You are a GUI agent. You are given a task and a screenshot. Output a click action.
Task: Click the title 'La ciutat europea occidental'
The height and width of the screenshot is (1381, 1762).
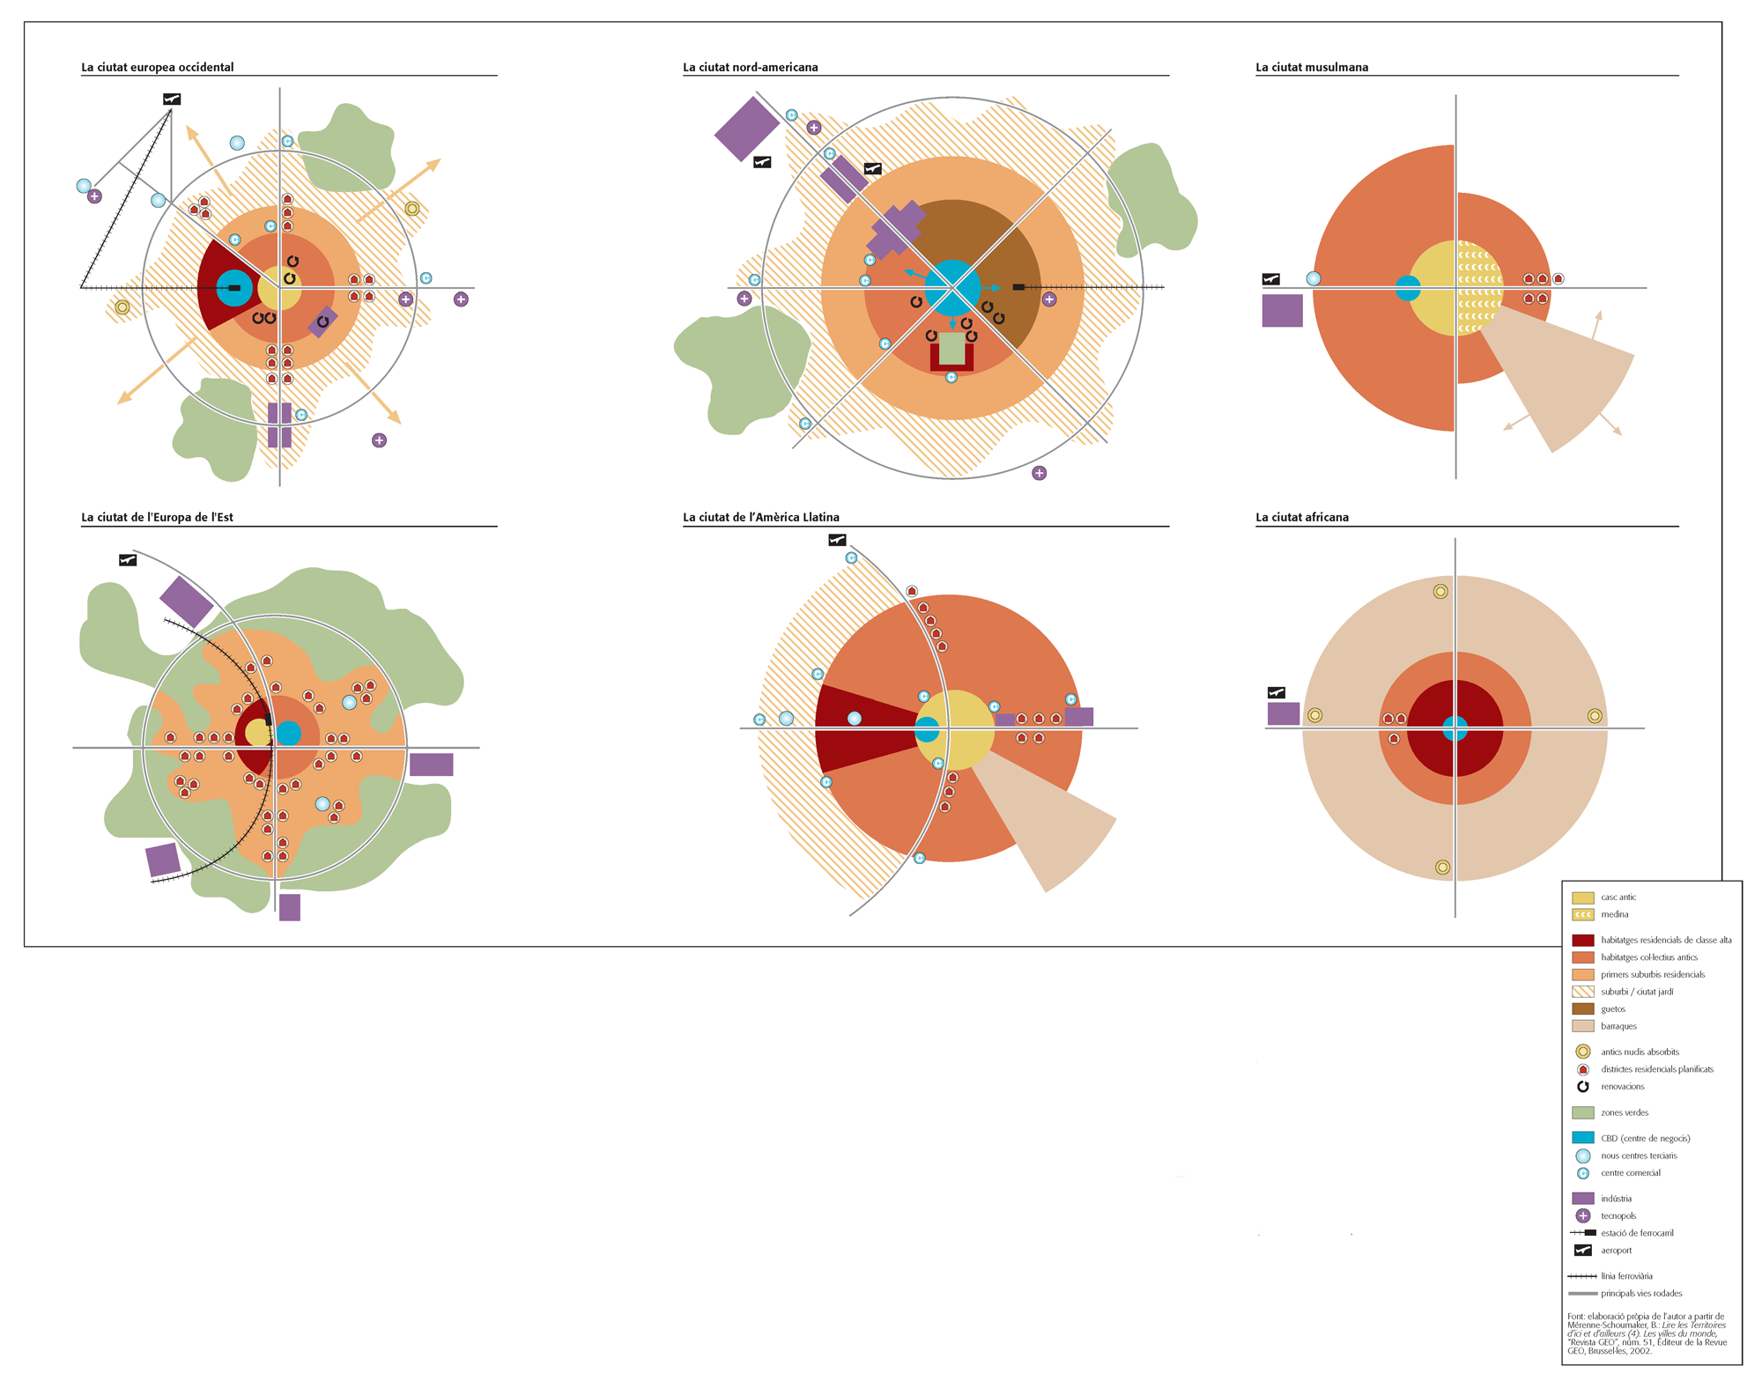click(158, 67)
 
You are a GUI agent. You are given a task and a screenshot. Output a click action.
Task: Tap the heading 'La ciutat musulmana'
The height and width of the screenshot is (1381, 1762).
click(1312, 67)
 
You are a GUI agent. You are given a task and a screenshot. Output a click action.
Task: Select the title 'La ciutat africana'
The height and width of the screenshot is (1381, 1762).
click(1302, 517)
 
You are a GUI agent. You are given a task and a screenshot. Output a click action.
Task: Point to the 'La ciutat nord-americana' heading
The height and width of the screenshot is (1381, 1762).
click(751, 67)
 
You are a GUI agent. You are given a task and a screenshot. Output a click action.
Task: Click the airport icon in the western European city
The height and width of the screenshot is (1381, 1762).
click(172, 100)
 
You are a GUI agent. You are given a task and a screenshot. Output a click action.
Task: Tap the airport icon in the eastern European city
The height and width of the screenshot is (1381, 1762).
click(128, 560)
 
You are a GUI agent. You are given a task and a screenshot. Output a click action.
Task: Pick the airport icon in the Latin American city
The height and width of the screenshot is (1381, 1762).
click(837, 540)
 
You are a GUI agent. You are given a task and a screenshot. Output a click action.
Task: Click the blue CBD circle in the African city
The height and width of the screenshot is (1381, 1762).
click(1455, 728)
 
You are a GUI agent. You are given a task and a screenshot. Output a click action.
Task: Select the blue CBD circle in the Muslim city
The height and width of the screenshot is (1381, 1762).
click(1408, 288)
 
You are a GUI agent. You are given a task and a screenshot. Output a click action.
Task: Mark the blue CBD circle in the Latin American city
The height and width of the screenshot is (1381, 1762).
click(927, 729)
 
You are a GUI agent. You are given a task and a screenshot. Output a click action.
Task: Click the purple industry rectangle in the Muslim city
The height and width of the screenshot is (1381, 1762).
click(1282, 311)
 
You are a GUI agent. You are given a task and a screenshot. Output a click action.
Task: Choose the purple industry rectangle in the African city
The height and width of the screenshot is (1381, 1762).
click(1283, 713)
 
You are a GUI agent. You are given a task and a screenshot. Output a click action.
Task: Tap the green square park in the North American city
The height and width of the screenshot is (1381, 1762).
click(951, 349)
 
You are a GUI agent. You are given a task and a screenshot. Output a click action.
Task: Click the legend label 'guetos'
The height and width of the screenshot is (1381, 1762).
click(1613, 1009)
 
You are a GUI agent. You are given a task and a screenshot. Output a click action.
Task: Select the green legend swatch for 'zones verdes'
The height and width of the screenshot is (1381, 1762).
click(1583, 1112)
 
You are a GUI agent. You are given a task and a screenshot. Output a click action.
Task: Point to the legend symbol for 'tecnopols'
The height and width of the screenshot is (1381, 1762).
click(1583, 1215)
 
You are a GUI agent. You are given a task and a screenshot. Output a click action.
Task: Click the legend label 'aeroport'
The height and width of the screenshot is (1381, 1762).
click(1617, 1251)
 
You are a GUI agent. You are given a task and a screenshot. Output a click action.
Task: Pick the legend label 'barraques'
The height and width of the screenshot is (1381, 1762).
click(1618, 1026)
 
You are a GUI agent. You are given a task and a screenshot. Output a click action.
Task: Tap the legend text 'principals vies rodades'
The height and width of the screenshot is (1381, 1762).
click(1641, 1294)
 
